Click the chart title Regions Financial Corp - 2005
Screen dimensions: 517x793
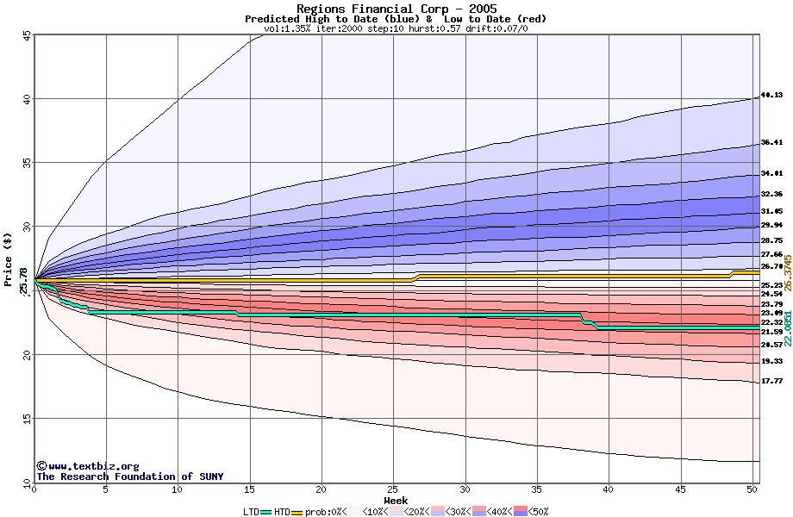(x=396, y=9)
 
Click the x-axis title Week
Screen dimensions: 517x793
(x=396, y=501)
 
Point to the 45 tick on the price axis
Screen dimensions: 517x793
(x=27, y=35)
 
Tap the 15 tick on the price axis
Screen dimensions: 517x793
(x=27, y=419)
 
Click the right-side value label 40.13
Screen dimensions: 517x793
(x=771, y=96)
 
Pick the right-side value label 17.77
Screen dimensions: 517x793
(x=771, y=381)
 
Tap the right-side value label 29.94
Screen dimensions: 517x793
(x=771, y=225)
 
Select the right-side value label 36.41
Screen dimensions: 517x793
(x=771, y=143)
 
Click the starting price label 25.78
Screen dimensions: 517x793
(x=23, y=281)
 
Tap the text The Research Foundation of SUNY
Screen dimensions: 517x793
(x=128, y=477)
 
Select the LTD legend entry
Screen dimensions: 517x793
(x=252, y=512)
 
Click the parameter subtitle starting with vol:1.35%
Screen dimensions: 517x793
(x=396, y=28)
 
